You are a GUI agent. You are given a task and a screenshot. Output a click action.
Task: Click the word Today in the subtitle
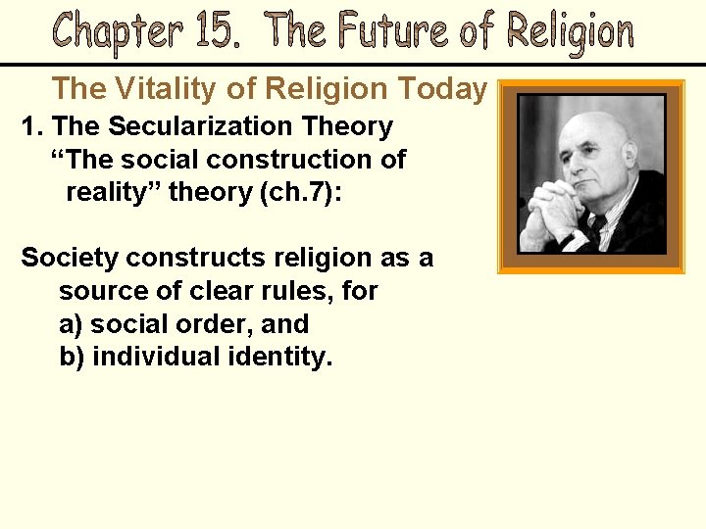coord(442,89)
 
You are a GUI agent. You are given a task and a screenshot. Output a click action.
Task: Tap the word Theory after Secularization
coord(348,126)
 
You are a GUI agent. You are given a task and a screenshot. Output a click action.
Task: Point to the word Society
coord(72,258)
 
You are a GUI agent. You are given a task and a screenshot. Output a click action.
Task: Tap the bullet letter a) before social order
coord(72,324)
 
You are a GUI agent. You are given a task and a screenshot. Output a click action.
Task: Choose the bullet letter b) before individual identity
coord(72,357)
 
